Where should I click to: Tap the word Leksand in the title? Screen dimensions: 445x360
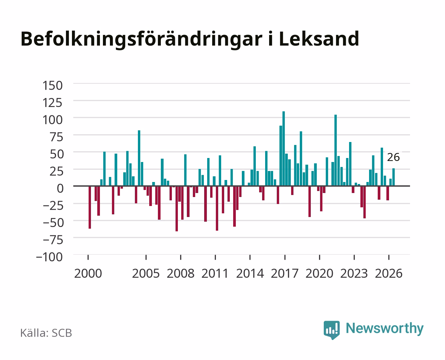[x=319, y=39]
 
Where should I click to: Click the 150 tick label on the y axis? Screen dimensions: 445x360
[x=52, y=86]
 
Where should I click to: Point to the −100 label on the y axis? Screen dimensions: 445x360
[x=49, y=257]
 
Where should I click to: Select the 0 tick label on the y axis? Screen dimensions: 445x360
[x=60, y=188]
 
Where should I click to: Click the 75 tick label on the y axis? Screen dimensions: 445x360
[x=56, y=137]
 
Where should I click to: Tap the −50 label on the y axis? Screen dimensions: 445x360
[x=53, y=223]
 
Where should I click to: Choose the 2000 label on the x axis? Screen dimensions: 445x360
[x=88, y=273]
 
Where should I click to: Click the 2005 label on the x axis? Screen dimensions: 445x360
[x=146, y=273]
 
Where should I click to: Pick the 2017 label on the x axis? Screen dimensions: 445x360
[x=284, y=273]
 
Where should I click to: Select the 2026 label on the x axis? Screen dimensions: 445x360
[x=389, y=273]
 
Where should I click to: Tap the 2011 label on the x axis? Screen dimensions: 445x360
[x=215, y=273]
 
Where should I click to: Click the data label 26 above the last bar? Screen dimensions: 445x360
[x=393, y=157]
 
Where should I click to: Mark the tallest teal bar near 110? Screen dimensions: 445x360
[x=283, y=148]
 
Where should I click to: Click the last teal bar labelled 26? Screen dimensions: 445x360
[x=393, y=177]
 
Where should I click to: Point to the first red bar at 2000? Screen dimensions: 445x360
[x=90, y=207]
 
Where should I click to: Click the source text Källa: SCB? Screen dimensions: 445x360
[x=46, y=333]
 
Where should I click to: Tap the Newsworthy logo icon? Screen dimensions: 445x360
[x=331, y=330]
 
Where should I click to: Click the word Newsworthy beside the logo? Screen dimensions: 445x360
[x=385, y=329]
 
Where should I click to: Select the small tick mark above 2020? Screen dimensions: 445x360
[x=319, y=257]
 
